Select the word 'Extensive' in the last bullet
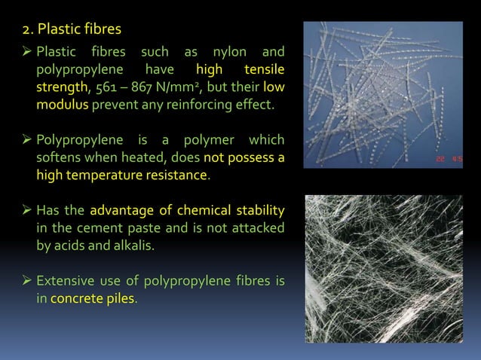[x=65, y=282]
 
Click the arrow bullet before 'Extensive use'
[x=27, y=282]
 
